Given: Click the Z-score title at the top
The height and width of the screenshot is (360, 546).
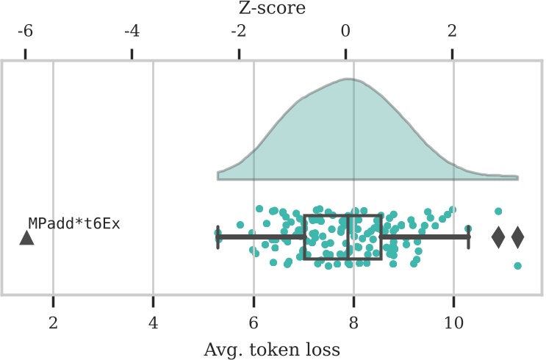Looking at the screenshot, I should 272,9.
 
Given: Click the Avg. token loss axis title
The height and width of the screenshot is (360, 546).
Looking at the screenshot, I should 272,347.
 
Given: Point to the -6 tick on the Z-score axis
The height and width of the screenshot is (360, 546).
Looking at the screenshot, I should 25,32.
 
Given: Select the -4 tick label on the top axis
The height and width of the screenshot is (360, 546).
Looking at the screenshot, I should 132,32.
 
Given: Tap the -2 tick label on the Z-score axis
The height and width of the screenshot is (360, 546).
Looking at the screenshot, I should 238,32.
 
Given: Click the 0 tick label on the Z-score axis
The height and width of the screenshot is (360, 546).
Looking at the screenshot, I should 345,32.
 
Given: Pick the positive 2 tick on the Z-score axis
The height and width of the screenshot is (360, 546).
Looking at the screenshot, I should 452,32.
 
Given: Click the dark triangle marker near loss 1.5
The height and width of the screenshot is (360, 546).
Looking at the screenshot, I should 26,238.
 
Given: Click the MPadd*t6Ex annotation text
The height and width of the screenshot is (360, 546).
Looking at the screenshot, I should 73,223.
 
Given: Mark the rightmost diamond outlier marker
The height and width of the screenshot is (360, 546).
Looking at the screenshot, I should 517,237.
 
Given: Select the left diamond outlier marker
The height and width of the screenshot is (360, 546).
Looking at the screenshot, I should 498,237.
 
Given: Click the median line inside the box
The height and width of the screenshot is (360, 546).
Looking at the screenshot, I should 349,237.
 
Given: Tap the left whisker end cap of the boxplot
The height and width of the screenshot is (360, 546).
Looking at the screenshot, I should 218,237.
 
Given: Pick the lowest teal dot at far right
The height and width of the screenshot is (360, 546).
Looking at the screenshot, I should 517,266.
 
